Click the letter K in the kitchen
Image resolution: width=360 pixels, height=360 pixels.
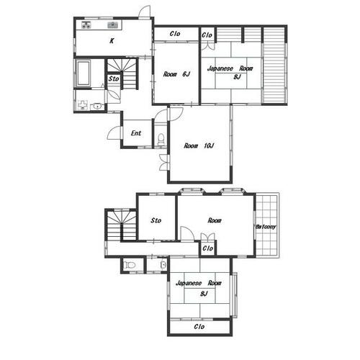coord(112,41)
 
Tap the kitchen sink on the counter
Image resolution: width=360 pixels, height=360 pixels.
coord(112,24)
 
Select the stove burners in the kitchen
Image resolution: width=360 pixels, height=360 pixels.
coord(86,24)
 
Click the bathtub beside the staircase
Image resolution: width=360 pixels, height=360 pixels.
coord(84,73)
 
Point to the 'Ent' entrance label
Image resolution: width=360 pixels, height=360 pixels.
coord(136,133)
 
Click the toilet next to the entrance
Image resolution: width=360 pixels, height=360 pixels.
coord(161,139)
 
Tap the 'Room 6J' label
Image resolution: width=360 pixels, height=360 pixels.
coord(176,74)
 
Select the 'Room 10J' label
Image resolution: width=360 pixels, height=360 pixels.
coord(199,145)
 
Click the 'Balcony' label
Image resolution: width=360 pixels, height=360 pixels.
coord(266,227)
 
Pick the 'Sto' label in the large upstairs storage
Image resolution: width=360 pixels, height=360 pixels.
coord(156,220)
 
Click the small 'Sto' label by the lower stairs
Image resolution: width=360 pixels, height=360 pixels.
coord(114,78)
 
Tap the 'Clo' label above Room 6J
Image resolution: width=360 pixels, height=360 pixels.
coord(175,34)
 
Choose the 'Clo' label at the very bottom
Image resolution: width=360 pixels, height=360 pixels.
coord(199,326)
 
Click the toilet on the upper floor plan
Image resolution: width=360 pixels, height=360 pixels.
coord(129,265)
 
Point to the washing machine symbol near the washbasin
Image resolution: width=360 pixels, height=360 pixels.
coord(83,105)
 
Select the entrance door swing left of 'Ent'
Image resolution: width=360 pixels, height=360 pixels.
coord(113,132)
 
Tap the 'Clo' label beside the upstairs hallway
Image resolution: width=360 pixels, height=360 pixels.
coord(208,248)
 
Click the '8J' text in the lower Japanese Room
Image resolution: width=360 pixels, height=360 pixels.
coord(204,293)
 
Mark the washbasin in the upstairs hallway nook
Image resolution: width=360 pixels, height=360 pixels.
coord(163,265)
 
